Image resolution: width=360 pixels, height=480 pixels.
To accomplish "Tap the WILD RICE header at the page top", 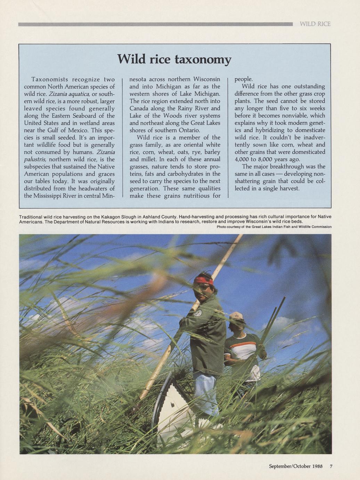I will [x=315, y=24].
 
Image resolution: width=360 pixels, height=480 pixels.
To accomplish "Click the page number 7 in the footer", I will [x=331, y=466].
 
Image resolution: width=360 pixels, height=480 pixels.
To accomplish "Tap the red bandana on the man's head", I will [x=203, y=280].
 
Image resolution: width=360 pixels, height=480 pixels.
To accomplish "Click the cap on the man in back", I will [x=236, y=315].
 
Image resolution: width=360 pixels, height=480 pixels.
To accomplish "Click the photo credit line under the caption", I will [x=274, y=227].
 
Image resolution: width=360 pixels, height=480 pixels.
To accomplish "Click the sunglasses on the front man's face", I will [x=204, y=287].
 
